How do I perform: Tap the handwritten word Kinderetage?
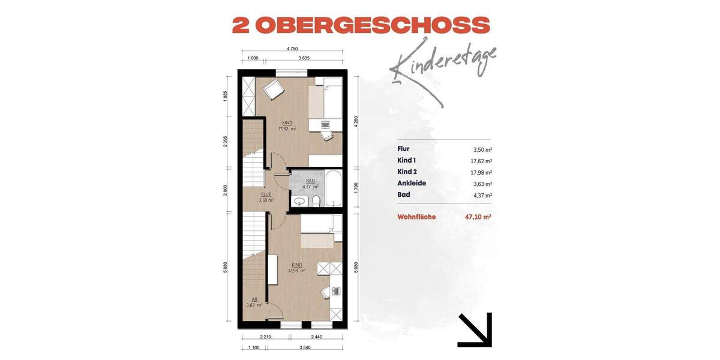[x=444, y=63]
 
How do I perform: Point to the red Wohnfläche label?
[x=421, y=218]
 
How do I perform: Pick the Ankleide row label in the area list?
[x=412, y=184]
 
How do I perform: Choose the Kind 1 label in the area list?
[x=407, y=161]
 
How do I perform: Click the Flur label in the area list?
[x=403, y=149]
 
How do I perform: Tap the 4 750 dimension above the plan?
[x=292, y=49]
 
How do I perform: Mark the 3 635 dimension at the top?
[x=304, y=59]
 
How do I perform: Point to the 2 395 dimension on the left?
[x=226, y=143]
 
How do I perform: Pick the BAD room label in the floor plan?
[x=310, y=181]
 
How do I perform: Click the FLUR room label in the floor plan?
[x=267, y=195]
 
